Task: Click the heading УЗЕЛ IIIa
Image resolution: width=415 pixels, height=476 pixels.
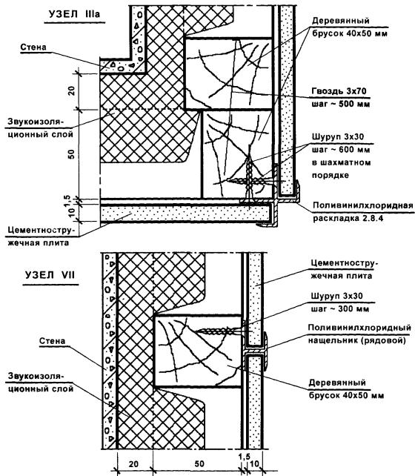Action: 74,14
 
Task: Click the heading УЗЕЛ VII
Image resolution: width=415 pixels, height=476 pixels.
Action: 50,275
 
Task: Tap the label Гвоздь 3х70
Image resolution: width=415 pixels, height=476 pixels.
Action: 339,90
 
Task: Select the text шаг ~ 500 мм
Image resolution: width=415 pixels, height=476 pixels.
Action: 341,104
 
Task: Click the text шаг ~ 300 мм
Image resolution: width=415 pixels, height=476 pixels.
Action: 339,308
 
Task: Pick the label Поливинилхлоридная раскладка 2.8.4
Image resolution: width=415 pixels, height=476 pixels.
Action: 363,212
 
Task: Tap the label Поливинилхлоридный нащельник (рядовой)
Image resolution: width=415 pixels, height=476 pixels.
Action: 359,334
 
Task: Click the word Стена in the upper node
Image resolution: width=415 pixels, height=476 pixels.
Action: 33,47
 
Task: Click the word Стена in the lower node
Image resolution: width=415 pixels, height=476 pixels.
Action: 52,341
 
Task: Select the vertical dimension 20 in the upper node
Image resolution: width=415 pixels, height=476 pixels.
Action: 71,90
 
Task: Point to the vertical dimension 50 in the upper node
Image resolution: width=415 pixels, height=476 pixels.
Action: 71,154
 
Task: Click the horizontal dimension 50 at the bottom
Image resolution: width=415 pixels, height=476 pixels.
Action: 199,464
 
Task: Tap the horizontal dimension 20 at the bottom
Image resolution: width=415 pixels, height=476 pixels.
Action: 133,464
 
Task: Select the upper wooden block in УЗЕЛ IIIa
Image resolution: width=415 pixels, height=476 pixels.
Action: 229,73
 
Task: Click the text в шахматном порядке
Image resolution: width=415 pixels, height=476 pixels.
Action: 342,169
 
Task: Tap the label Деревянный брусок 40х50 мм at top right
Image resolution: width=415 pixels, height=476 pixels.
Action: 350,27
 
